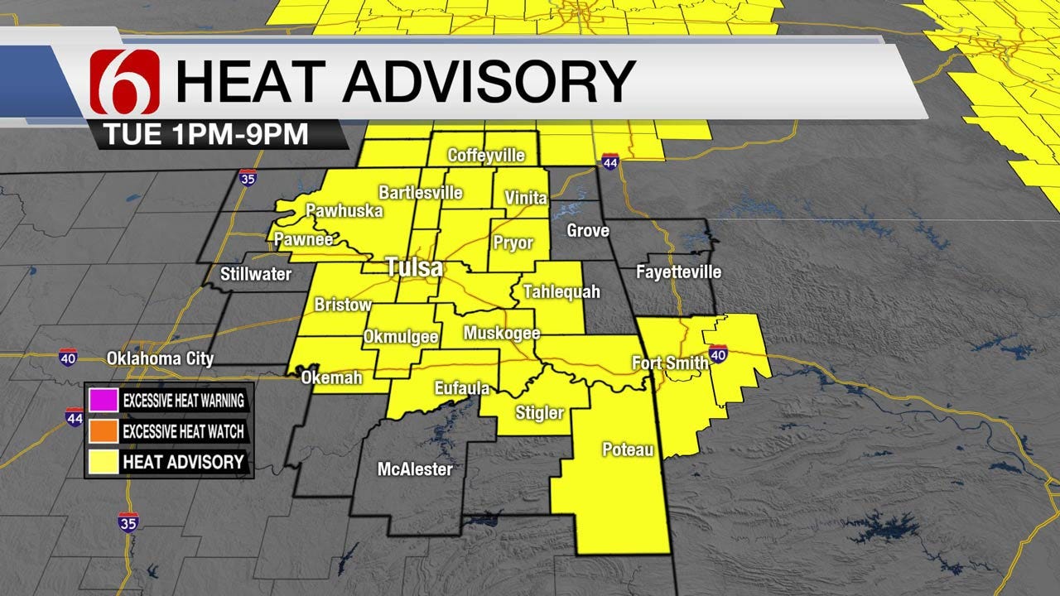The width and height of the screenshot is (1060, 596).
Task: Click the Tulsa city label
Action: [414, 268]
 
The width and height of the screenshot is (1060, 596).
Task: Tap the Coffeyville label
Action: [486, 156]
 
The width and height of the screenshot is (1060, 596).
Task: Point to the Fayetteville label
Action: [678, 272]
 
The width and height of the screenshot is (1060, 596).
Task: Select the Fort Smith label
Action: [670, 363]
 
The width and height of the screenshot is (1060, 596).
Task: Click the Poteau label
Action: [628, 450]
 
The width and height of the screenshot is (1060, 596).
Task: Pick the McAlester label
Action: [415, 469]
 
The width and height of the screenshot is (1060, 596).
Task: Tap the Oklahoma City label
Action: [160, 359]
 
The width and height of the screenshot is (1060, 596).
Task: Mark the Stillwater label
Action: [256, 274]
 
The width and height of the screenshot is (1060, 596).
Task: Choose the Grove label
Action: [587, 230]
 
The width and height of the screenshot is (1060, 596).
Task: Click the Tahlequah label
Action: [561, 291]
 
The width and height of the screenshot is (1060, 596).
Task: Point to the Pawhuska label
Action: [344, 211]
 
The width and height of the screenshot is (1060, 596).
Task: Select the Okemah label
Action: [332, 377]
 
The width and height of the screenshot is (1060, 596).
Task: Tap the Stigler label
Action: [539, 412]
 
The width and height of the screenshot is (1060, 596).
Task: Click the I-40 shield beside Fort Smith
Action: [718, 355]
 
